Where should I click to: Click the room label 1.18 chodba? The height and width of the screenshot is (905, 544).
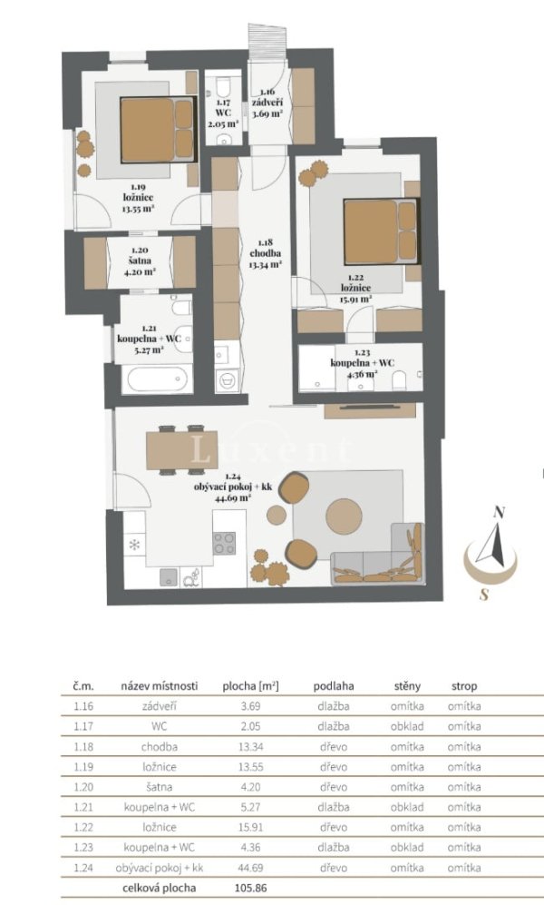click(265, 253)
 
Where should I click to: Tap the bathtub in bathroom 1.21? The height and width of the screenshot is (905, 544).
click(158, 379)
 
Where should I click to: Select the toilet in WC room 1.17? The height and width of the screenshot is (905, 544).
click(222, 88)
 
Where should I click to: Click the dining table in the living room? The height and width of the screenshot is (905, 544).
click(181, 449)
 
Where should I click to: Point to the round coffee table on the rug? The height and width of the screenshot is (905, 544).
click(344, 515)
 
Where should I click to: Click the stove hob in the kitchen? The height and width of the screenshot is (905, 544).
click(224, 543)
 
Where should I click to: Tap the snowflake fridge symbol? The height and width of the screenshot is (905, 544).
click(134, 545)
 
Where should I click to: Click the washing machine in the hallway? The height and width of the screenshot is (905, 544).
click(228, 379)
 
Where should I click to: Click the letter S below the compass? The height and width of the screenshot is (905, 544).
click(484, 594)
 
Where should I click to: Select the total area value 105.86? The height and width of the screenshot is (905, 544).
click(250, 888)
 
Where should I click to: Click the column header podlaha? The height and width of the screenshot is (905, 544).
click(334, 686)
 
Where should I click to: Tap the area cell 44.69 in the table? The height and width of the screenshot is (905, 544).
click(250, 868)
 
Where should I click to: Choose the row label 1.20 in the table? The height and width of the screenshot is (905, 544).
click(83, 787)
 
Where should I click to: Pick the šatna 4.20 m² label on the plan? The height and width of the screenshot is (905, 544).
click(140, 261)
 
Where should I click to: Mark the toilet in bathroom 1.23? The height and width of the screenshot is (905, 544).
click(399, 379)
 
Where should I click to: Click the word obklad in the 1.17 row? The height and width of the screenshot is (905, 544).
click(407, 726)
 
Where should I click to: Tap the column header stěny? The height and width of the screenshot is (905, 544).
click(407, 686)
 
